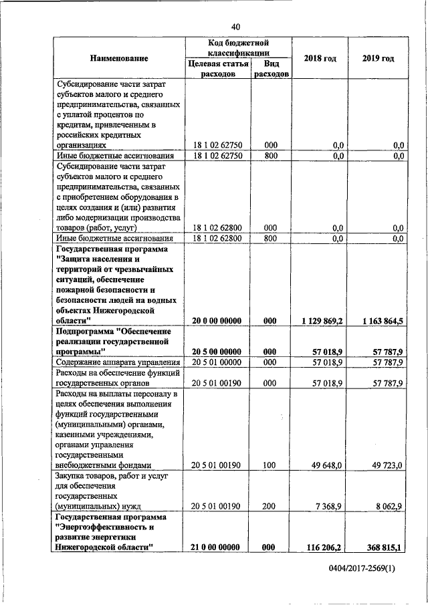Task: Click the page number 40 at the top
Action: pos(235,27)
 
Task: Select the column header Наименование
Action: pos(119,59)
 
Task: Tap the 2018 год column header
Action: pos(320,59)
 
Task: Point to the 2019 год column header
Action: pos(379,59)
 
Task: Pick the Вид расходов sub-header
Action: pos(271,70)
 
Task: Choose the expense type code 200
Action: pos(270,506)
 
